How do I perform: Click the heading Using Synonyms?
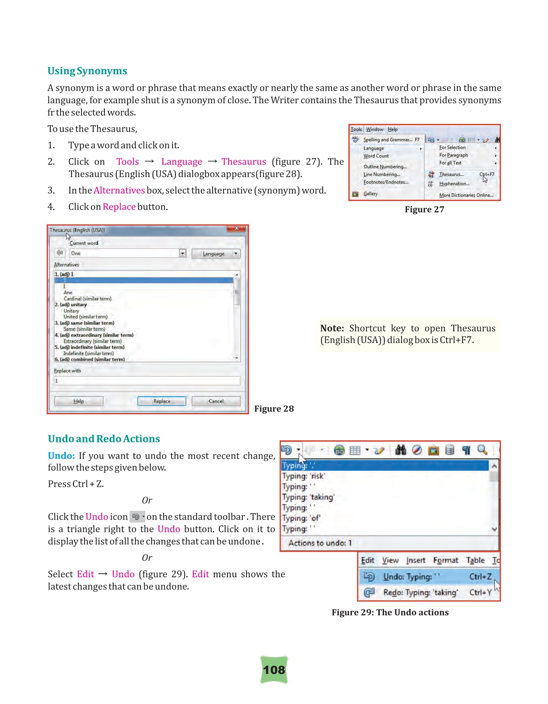click(x=87, y=71)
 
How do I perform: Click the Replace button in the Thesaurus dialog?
click(x=162, y=401)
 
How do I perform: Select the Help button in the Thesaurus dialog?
click(x=79, y=401)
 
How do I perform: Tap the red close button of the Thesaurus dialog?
click(x=236, y=228)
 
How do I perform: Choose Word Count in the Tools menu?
click(x=376, y=156)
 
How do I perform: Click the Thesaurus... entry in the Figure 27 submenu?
click(x=451, y=174)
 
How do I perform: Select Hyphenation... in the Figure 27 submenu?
click(x=454, y=184)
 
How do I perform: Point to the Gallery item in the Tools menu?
click(x=370, y=194)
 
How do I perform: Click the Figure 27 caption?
click(x=424, y=210)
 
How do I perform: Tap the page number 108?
click(x=274, y=670)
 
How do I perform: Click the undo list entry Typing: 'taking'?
click(x=308, y=497)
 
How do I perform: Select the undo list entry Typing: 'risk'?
click(x=304, y=476)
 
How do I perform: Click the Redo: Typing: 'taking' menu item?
click(x=420, y=593)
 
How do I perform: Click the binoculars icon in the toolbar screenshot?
click(x=400, y=450)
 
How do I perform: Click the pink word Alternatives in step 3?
click(x=119, y=190)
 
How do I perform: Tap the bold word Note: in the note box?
click(x=332, y=328)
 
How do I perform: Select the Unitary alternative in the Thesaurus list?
click(x=71, y=311)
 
